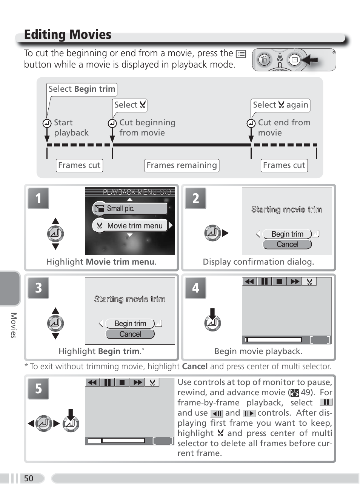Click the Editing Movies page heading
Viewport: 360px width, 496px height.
(x=68, y=35)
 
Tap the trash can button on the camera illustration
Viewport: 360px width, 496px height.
(x=264, y=60)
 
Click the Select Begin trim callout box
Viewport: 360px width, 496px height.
(x=82, y=89)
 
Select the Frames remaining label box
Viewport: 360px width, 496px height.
(x=182, y=165)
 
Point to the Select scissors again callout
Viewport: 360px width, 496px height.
(x=280, y=105)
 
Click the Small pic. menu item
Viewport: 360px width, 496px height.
(x=130, y=208)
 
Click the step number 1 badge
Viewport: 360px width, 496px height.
(x=38, y=198)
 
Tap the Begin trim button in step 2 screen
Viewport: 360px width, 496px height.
(x=287, y=234)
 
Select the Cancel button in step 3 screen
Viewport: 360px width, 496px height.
(x=130, y=334)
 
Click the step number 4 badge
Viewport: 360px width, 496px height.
(x=195, y=288)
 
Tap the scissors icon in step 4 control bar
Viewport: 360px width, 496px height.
(x=309, y=282)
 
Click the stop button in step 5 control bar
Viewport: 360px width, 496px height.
(x=122, y=382)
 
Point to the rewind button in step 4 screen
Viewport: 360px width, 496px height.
(x=249, y=282)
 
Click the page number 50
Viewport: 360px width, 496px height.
(x=29, y=479)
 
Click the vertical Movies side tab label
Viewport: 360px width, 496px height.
(x=14, y=325)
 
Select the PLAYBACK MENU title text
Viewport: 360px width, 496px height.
(x=130, y=192)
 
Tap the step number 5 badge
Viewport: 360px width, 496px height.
(x=38, y=389)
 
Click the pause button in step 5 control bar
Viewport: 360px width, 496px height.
(x=108, y=382)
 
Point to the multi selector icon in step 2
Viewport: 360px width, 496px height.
(x=212, y=233)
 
